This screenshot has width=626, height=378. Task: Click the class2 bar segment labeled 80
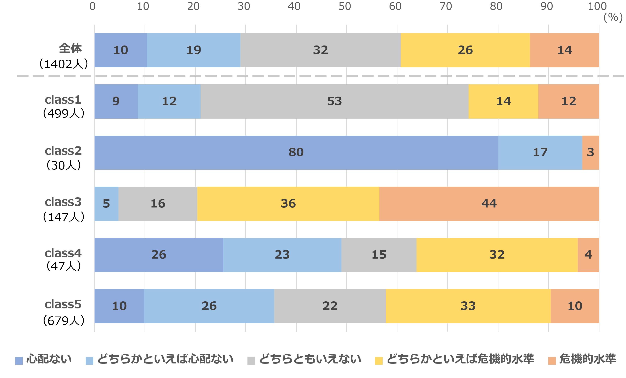[x=296, y=152]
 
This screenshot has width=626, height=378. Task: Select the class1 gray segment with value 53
[x=334, y=101]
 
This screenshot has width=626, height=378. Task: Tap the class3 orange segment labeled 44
[x=489, y=204]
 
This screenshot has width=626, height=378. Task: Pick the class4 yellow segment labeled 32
[x=497, y=255]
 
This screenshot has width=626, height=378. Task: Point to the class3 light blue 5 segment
[x=106, y=204]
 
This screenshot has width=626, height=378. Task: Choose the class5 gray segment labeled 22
[x=330, y=306]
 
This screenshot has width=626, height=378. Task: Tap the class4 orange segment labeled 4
[x=588, y=255]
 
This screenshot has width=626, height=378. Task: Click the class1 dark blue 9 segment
[x=116, y=101]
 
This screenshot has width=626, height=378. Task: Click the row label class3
[x=63, y=202]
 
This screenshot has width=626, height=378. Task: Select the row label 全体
[x=70, y=48]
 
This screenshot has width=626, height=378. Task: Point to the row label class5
[x=63, y=304]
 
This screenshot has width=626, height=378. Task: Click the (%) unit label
[x=613, y=17]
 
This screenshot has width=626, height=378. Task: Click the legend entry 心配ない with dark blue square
[x=43, y=359]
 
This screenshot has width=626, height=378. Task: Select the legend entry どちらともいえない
[x=304, y=359]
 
